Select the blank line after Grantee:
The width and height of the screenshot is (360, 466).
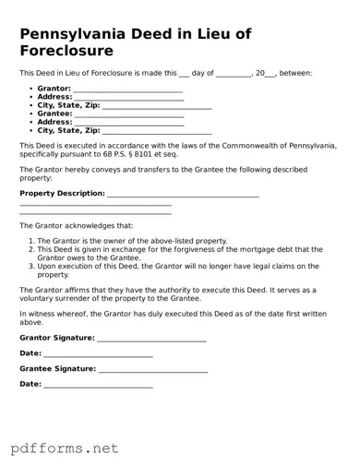[129, 114]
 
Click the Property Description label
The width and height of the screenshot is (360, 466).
[62, 194]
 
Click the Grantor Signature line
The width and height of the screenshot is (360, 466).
[151, 339]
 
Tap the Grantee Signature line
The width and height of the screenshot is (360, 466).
[152, 369]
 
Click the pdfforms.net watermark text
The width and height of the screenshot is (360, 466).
[66, 448]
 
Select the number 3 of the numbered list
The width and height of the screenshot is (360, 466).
[30, 266]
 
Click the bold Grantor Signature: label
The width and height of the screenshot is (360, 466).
[56, 339]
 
